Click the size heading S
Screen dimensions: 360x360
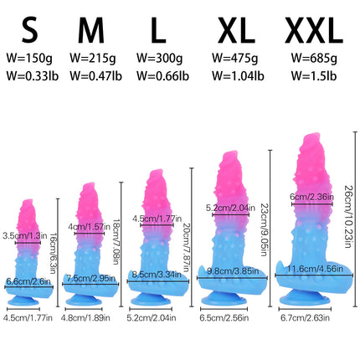click(30, 30)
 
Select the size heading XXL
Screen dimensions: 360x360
click(314, 30)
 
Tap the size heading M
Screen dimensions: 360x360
click(91, 30)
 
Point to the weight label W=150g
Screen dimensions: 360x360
click(29, 58)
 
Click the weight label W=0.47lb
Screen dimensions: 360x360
click(95, 75)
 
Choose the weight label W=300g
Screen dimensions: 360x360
click(160, 58)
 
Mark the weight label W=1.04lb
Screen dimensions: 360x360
click(238, 75)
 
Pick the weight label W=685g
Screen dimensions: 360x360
click(314, 58)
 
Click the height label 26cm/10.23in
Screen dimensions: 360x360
click(347, 216)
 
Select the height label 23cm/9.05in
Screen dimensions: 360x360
click(264, 229)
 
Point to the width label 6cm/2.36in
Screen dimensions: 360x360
click(311, 197)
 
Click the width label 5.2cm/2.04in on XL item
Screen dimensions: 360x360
click(230, 208)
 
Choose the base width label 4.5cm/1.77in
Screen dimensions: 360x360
click(28, 317)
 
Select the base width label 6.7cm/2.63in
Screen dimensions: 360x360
click(305, 317)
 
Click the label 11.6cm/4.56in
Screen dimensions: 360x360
click(316, 269)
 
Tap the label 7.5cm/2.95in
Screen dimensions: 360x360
click(91, 278)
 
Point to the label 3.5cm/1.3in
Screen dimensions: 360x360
click(25, 236)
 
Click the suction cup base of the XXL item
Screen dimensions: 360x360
click(305, 298)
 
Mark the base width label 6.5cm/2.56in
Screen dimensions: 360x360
click(224, 317)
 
